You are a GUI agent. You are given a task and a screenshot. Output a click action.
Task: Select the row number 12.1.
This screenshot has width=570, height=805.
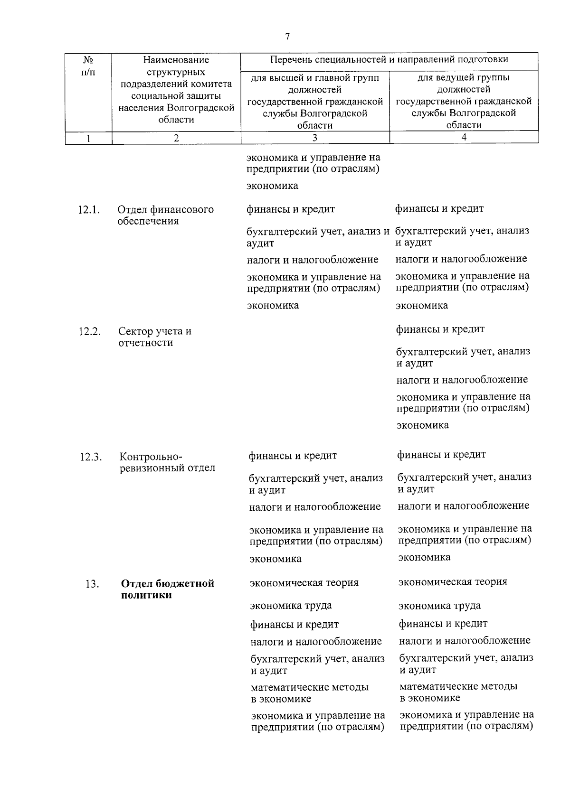click(x=89, y=210)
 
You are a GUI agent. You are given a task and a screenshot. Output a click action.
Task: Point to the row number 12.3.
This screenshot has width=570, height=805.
click(x=91, y=457)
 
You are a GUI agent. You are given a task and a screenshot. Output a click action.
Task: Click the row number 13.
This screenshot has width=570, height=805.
click(x=92, y=584)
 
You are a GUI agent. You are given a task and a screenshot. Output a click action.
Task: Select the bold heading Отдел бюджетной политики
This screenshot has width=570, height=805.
click(x=167, y=589)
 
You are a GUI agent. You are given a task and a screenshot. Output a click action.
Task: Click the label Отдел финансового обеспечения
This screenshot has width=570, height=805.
click(x=165, y=215)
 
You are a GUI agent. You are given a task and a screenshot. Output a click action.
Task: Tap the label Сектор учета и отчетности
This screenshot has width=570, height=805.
click(x=155, y=337)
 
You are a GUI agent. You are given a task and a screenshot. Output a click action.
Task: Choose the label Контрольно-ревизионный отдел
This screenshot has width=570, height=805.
click(x=167, y=462)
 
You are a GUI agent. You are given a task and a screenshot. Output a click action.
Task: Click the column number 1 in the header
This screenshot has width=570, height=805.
click(x=88, y=138)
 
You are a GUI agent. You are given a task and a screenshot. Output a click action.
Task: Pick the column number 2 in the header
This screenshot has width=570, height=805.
click(x=176, y=138)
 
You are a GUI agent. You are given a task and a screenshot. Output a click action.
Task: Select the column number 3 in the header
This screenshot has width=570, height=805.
click(x=315, y=138)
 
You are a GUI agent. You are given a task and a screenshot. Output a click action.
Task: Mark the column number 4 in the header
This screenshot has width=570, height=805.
click(x=464, y=137)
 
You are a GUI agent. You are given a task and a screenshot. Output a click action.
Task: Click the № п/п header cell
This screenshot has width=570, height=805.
click(x=88, y=66)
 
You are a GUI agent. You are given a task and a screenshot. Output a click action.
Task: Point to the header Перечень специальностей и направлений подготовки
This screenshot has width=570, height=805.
click(x=389, y=60)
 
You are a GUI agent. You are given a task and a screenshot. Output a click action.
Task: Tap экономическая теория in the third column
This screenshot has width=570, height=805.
click(x=304, y=583)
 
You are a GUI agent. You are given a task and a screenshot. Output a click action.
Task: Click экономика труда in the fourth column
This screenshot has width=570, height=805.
click(x=439, y=606)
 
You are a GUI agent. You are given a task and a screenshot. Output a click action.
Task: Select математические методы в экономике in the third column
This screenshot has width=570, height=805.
click(x=309, y=693)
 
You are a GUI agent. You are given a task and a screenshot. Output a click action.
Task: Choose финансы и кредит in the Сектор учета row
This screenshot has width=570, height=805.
click(x=440, y=329)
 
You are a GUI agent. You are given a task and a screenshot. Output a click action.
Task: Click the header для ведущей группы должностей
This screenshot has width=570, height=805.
click(x=464, y=101)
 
